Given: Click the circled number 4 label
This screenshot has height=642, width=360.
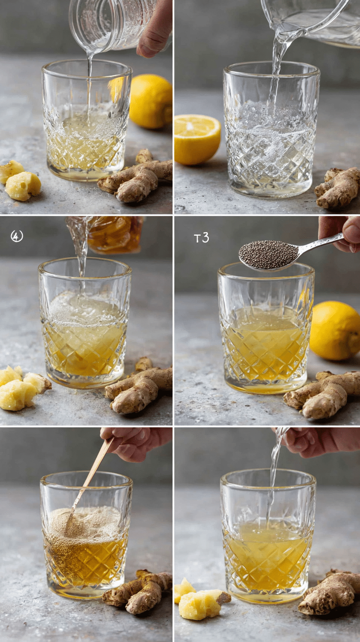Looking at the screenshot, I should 17,236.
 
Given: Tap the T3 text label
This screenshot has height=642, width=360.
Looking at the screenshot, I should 201,238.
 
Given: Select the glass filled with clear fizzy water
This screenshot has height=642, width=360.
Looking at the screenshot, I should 270,132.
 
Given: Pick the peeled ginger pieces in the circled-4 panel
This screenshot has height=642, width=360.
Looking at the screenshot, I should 22,388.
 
